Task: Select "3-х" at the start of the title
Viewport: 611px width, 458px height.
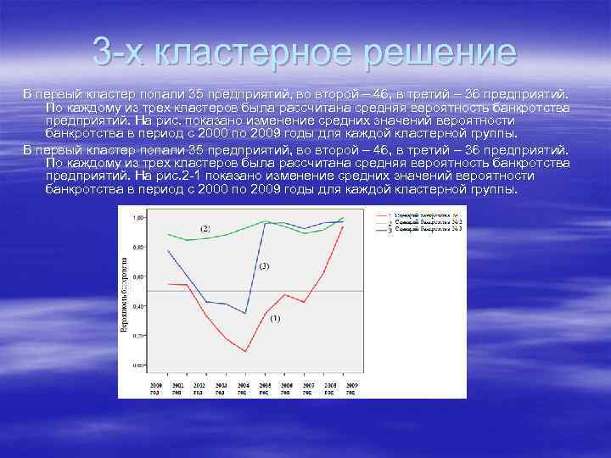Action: (120, 53)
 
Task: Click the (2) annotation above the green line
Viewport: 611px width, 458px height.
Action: (205, 229)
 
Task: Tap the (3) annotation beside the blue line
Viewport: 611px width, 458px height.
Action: (263, 266)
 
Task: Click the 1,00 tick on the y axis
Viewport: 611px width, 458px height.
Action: (137, 218)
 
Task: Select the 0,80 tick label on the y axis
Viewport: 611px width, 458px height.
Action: (137, 247)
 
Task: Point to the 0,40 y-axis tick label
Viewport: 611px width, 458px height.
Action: (137, 306)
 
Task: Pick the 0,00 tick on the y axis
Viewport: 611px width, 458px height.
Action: (137, 365)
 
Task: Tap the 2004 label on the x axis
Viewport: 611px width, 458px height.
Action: (244, 384)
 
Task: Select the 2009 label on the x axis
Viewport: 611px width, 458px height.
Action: (349, 384)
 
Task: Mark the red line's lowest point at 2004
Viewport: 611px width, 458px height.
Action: (245, 351)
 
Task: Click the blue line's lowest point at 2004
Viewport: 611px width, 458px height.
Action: (245, 314)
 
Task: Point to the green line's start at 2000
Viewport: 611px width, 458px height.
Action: (169, 234)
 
